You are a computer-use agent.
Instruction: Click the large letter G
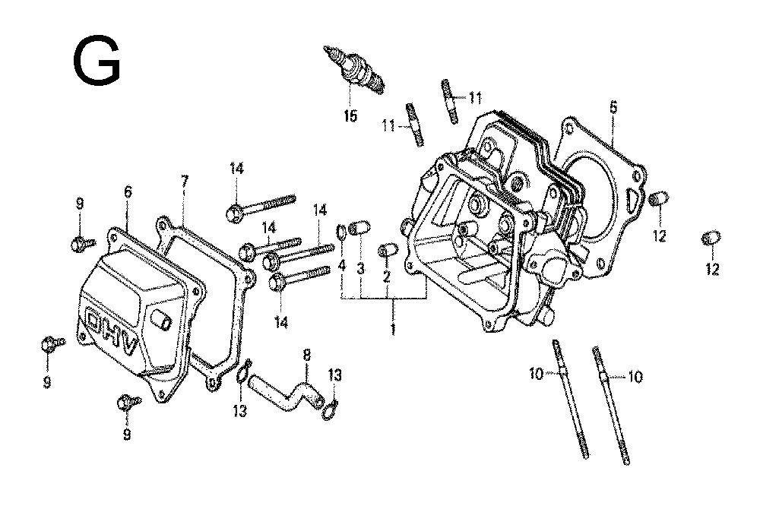pyautogui.click(x=97, y=61)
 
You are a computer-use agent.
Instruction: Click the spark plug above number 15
pyautogui.click(x=354, y=69)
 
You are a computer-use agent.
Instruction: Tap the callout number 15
pyautogui.click(x=350, y=115)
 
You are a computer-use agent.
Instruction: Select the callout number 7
pyautogui.click(x=184, y=182)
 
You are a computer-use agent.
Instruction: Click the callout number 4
pyautogui.click(x=342, y=265)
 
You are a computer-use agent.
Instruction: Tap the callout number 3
pyautogui.click(x=360, y=269)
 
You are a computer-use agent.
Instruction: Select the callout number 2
pyautogui.click(x=386, y=277)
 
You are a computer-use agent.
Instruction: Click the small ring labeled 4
pyautogui.click(x=341, y=232)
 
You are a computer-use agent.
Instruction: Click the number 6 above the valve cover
pyautogui.click(x=128, y=192)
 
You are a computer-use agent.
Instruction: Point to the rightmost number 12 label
pyautogui.click(x=713, y=269)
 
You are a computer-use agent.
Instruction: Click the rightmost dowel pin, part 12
pyautogui.click(x=711, y=239)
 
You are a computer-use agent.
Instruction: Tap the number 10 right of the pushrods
pyautogui.click(x=635, y=376)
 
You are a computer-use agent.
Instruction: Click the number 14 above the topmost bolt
pyautogui.click(x=236, y=169)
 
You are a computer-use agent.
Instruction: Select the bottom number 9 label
pyautogui.click(x=127, y=434)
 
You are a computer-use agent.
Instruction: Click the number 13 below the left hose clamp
pyautogui.click(x=239, y=411)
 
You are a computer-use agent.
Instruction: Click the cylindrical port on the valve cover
pyautogui.click(x=161, y=320)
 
